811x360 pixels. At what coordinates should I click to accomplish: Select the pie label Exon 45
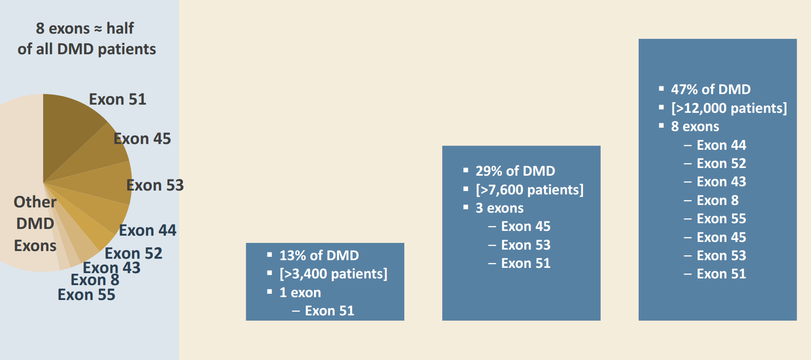tap(142, 139)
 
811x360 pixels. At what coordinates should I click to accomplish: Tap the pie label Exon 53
tap(155, 185)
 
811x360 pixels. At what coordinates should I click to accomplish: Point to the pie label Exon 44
tap(147, 230)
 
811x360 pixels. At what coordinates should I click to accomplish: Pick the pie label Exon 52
tap(133, 253)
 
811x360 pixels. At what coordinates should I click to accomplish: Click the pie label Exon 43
tap(111, 267)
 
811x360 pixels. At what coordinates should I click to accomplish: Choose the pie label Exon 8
tap(95, 280)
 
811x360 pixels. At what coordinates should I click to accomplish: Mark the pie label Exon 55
tap(86, 295)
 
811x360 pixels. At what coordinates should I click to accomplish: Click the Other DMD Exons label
tap(35, 224)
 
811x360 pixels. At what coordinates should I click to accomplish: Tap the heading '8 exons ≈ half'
tap(85, 28)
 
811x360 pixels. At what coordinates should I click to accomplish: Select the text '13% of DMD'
tap(319, 255)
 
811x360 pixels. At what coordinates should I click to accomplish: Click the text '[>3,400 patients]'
tap(333, 274)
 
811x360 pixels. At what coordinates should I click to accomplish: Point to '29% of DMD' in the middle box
tap(515, 171)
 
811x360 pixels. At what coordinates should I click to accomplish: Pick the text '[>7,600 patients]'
tap(530, 190)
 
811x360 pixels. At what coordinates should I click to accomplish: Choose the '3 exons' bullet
tap(499, 208)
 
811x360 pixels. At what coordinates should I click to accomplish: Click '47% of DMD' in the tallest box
tap(711, 89)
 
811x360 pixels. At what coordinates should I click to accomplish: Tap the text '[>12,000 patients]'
tap(729, 108)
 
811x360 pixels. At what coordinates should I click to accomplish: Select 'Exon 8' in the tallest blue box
tap(717, 200)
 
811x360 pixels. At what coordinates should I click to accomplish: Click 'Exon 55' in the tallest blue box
tap(721, 218)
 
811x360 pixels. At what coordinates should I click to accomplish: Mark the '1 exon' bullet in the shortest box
tap(300, 292)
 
